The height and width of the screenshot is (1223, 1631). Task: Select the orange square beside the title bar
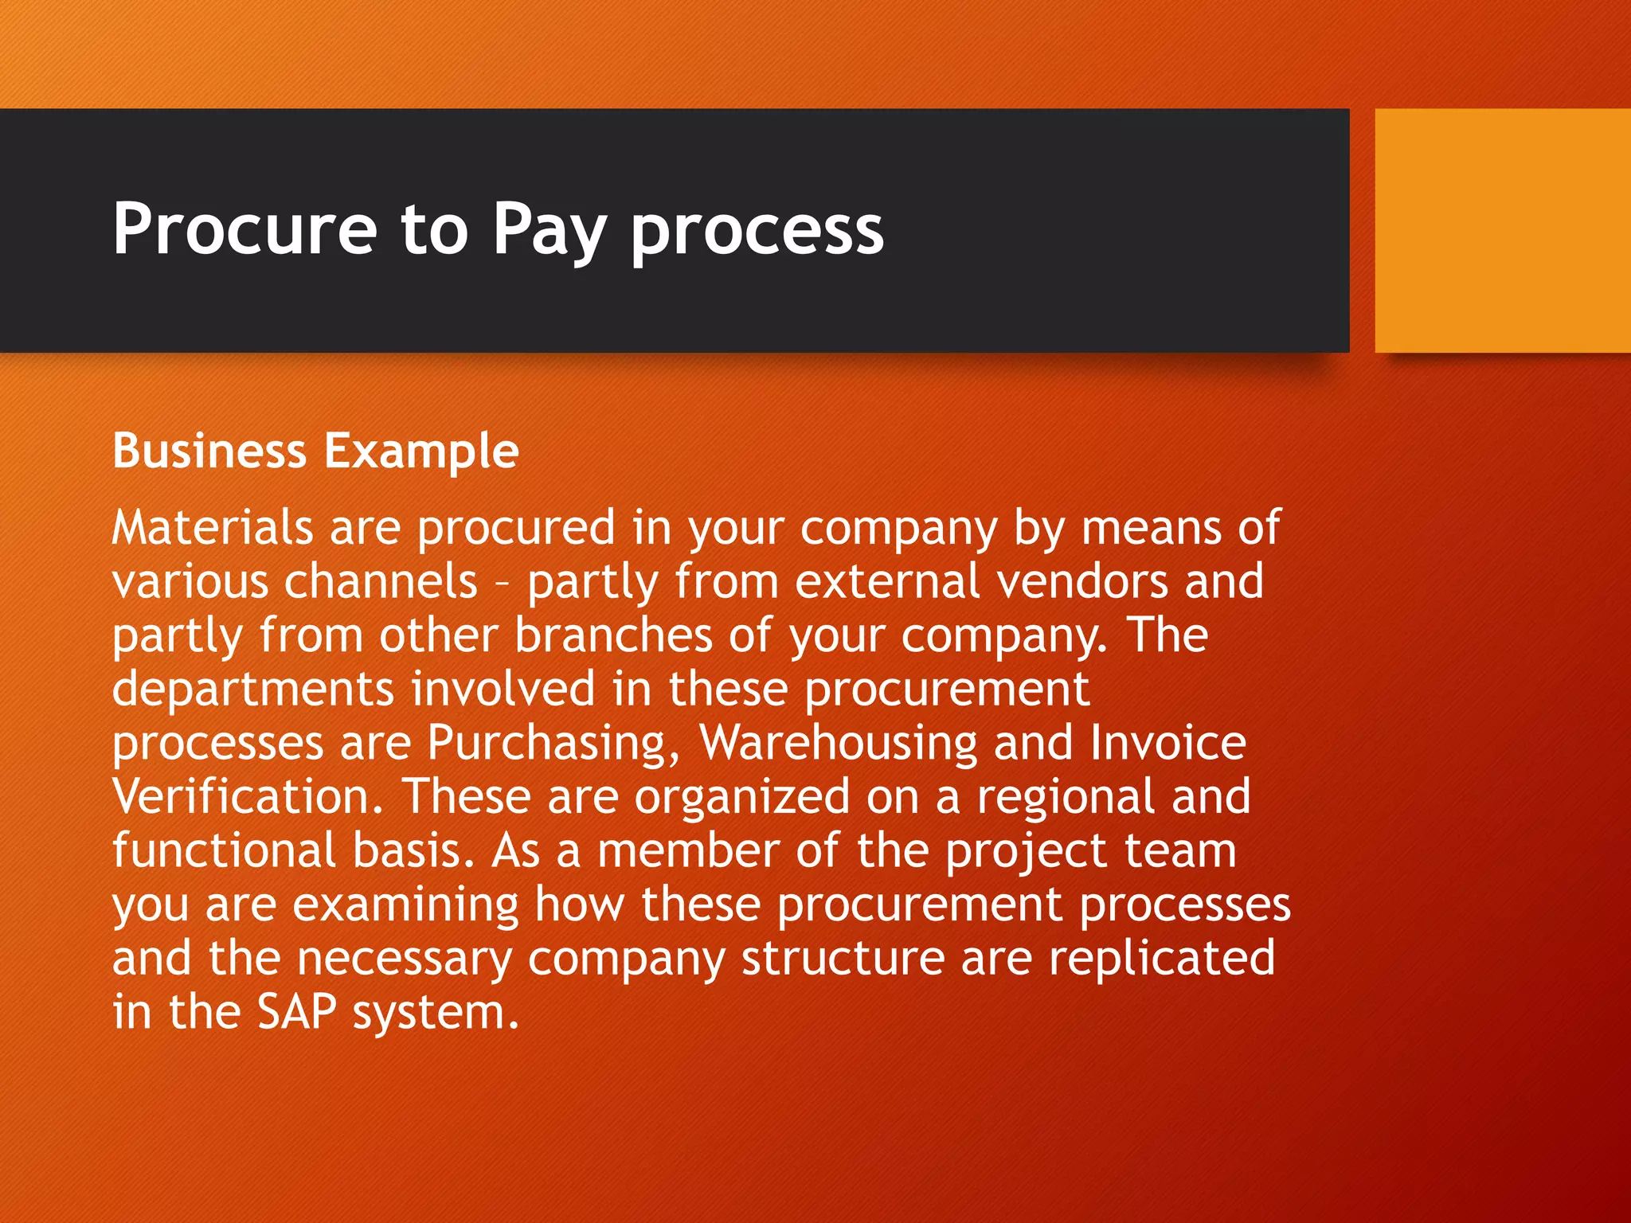tap(1502, 230)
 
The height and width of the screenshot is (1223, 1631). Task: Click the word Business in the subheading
tap(209, 451)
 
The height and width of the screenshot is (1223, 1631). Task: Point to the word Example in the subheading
tap(421, 452)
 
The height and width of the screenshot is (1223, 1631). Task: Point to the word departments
tap(253, 690)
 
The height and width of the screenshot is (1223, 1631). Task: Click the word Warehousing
tap(837, 744)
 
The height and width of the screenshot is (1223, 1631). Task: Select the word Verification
tap(248, 796)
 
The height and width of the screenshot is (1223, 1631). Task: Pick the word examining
tap(406, 905)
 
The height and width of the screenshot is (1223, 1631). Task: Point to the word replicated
tap(1161, 958)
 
